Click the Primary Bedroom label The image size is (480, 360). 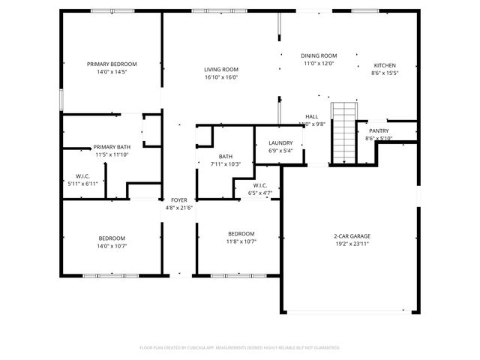point(112,64)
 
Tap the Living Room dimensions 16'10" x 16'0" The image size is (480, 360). point(220,77)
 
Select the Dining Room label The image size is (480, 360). point(319,55)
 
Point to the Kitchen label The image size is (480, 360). point(385,65)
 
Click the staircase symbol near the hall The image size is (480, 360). point(344,133)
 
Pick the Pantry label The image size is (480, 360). point(379,130)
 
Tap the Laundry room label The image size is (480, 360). point(280,142)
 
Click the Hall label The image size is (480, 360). point(311,116)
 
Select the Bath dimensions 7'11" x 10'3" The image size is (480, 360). point(225,163)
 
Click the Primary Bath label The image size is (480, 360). point(112,147)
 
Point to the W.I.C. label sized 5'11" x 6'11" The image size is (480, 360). point(82,183)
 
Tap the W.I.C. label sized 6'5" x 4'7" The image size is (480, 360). point(259,193)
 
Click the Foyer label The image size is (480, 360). point(179,199)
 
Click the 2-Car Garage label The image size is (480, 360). point(352,236)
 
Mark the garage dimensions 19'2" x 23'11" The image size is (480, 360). point(352,244)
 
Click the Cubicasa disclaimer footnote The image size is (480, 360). point(240,347)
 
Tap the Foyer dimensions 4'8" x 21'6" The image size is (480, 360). point(179,208)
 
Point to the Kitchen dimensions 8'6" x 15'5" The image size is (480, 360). point(385,73)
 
